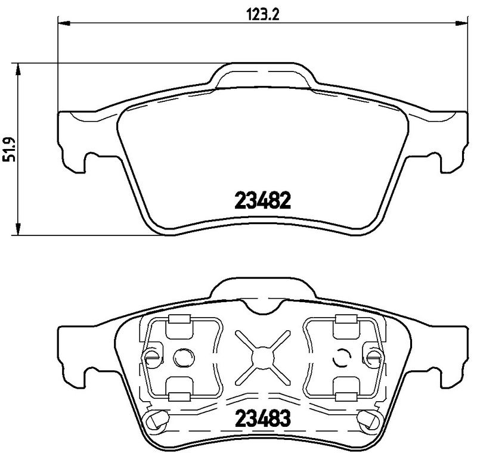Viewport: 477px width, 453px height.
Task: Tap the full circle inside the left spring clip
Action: coord(181,358)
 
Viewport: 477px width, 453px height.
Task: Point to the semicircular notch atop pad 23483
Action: coord(261,308)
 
